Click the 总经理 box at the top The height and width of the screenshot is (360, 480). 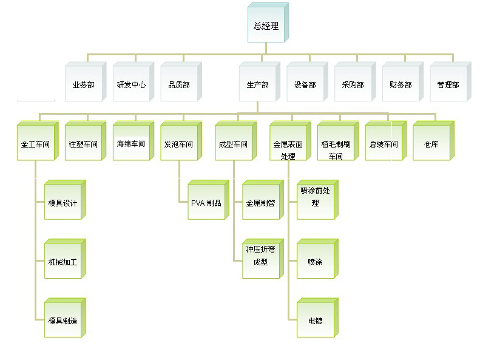click(x=266, y=25)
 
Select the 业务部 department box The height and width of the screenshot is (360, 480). click(x=83, y=84)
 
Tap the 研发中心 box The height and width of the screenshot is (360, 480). click(x=131, y=84)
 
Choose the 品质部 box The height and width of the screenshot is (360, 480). click(x=179, y=84)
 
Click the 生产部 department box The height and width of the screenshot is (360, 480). click(x=257, y=84)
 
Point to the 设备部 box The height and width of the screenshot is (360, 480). click(x=305, y=84)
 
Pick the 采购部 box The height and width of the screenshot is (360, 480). click(x=353, y=84)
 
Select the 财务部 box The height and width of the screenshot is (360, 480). click(x=401, y=84)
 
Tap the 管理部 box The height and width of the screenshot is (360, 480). click(x=448, y=84)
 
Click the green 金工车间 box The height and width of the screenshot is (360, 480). click(x=35, y=144)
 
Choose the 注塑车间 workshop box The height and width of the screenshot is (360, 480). click(x=83, y=144)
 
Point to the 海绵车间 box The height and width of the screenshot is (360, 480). click(x=131, y=144)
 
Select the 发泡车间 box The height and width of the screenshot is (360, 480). click(x=179, y=144)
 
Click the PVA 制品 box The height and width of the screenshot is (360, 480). click(x=206, y=203)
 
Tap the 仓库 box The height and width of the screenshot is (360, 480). click(x=431, y=144)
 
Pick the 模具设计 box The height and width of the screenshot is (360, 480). click(x=63, y=203)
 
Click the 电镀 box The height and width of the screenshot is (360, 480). click(x=315, y=320)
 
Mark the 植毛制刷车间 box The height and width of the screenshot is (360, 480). click(x=336, y=144)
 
